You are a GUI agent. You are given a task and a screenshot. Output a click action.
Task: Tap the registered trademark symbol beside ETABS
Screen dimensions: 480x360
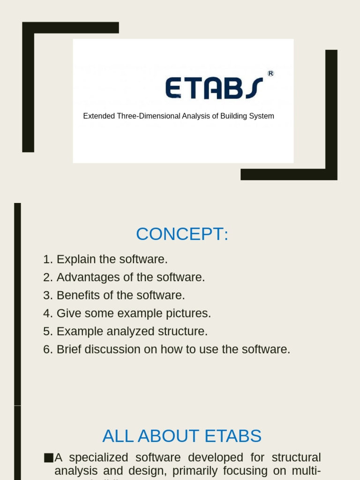(x=270, y=73)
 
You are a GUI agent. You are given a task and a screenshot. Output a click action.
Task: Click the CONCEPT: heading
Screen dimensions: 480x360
(x=182, y=234)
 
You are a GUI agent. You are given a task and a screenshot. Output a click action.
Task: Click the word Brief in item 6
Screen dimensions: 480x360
(x=68, y=349)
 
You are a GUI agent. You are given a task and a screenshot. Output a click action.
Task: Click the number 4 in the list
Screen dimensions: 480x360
(x=47, y=313)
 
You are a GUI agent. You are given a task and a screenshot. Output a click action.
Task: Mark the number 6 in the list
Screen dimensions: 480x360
(x=47, y=349)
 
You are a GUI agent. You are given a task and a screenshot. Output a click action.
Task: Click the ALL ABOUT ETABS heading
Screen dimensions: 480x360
(x=182, y=436)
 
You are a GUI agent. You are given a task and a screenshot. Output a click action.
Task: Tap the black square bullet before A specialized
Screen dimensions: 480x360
(x=48, y=457)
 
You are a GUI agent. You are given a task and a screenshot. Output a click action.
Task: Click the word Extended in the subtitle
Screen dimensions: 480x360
(x=98, y=116)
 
